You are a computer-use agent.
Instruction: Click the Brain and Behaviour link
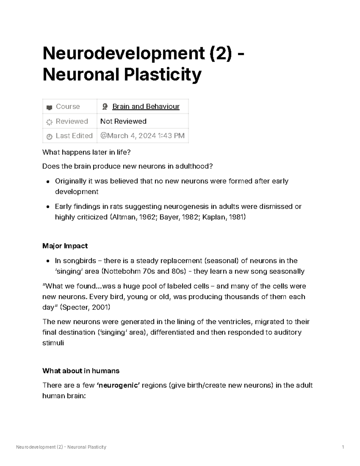146,107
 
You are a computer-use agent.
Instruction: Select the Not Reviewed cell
123,121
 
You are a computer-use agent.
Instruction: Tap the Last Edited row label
74,136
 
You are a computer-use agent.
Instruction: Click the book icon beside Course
49,107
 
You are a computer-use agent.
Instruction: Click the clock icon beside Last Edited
49,137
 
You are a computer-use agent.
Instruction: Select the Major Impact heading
65,246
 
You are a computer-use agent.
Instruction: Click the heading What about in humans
81,371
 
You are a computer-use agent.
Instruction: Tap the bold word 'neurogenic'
118,385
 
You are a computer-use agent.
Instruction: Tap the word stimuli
53,343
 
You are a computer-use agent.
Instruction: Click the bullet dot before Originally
48,182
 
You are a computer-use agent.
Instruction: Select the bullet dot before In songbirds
48,261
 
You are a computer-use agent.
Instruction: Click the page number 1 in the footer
343,447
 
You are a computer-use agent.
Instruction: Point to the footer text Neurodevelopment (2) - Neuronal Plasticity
61,447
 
